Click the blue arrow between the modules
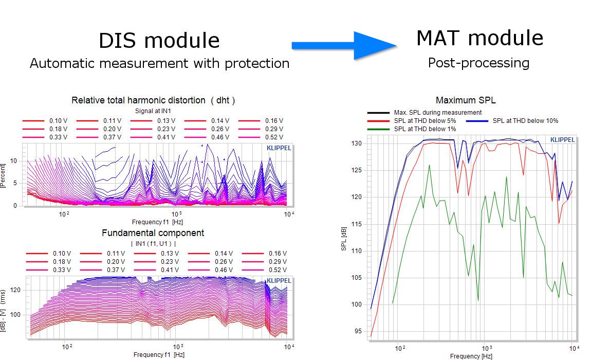coord(344,46)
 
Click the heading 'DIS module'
coord(159,41)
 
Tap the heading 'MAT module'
coord(480,38)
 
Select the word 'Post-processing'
coord(478,63)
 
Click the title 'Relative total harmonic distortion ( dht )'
coord(153,100)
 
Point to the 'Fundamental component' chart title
coord(153,233)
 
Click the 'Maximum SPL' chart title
coord(466,100)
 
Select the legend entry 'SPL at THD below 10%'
coord(512,121)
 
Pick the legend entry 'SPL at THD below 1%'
coord(412,129)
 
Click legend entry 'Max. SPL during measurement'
coord(424,113)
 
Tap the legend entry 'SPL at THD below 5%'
coord(412,121)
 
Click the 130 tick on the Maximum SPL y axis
coord(357,143)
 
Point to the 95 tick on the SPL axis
coord(358,331)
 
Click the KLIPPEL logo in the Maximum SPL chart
coord(562,139)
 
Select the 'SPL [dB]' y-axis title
coord(343,239)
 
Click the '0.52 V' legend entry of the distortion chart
coord(261,137)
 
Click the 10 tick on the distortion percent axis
coord(13,161)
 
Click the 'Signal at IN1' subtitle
coord(153,111)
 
